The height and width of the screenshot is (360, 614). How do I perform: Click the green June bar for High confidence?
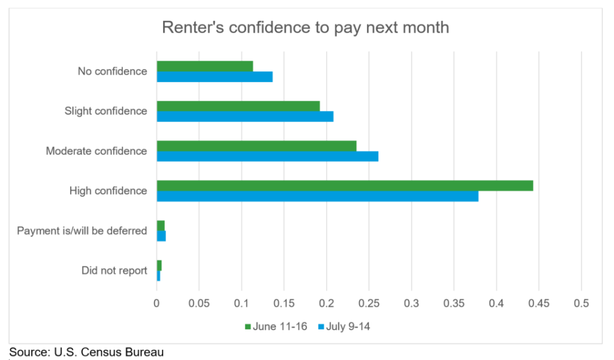[x=345, y=186]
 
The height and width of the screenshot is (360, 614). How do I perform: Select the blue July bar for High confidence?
[x=317, y=196]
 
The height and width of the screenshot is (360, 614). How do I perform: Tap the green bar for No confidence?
[x=204, y=66]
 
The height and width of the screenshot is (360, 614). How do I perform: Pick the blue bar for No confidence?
[x=215, y=77]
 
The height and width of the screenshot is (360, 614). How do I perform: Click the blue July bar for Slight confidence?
[x=245, y=116]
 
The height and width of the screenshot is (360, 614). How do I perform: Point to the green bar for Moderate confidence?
[x=257, y=146]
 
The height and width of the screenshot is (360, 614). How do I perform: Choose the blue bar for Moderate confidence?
[x=267, y=157]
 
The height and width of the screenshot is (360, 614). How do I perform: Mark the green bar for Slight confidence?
[x=238, y=106]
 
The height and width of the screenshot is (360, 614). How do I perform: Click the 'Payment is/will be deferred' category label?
[x=82, y=230]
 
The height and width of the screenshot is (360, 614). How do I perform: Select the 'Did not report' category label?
[x=114, y=271]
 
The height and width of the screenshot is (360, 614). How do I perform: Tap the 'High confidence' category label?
[x=108, y=191]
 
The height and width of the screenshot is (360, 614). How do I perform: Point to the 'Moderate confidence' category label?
[x=96, y=151]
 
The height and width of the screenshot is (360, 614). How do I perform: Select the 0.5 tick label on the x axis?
[x=581, y=304]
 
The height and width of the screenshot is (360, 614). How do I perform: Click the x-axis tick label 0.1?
[x=242, y=304]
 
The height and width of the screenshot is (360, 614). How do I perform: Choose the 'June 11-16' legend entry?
[x=275, y=326]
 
